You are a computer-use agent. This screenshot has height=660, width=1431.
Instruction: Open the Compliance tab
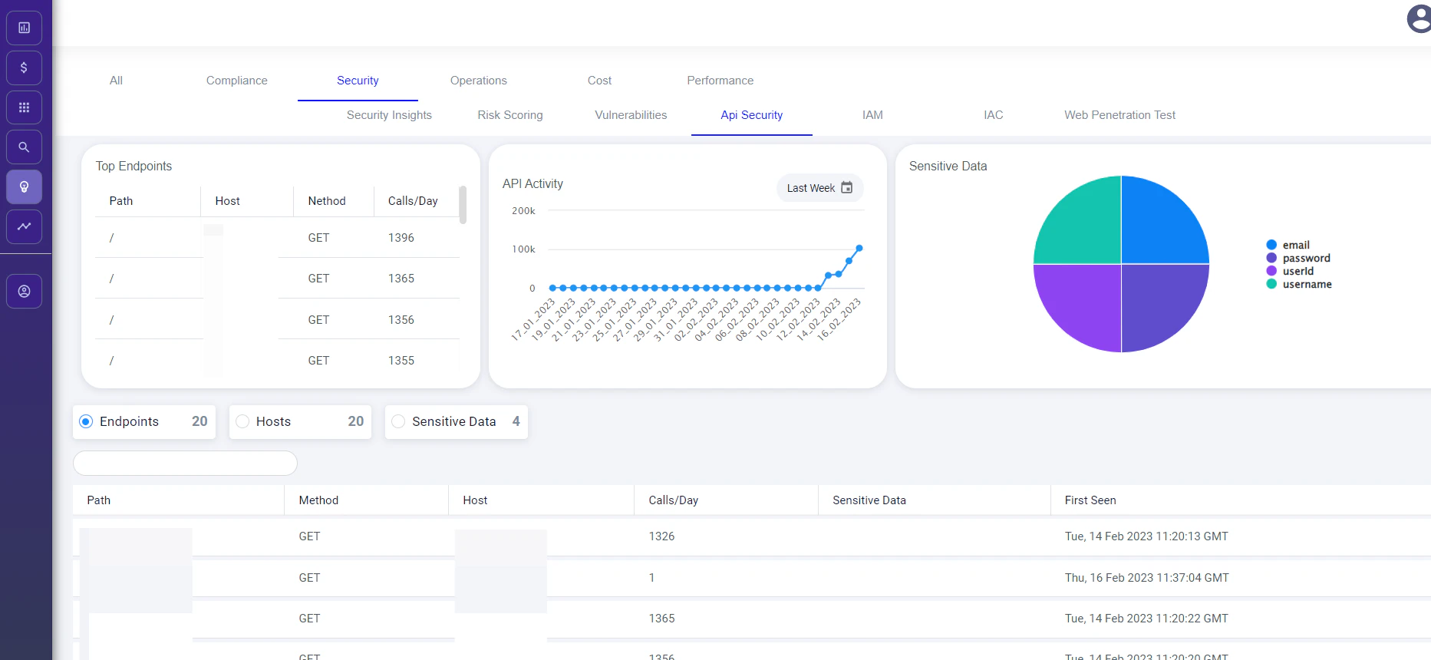236,81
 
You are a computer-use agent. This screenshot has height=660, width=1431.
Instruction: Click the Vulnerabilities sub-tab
631,115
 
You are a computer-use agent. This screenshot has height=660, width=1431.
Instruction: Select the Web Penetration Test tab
1119,115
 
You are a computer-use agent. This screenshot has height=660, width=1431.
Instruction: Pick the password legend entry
1306,259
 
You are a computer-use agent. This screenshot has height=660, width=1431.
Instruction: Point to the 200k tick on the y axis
523,211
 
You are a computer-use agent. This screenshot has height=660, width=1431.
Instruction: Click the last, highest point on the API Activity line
859,248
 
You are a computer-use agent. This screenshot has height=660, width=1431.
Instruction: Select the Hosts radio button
242,421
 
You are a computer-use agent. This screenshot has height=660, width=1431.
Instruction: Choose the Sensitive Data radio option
398,421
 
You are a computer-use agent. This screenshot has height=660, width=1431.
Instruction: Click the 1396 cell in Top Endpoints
401,238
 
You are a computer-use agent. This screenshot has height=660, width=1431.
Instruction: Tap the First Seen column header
1090,500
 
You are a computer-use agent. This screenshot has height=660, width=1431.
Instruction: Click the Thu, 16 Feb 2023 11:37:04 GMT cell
1146,578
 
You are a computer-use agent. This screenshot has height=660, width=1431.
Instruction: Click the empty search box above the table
185,463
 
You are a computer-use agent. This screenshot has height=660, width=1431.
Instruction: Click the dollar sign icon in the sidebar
24,68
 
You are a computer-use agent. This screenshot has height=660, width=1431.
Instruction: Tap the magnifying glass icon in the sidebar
24,147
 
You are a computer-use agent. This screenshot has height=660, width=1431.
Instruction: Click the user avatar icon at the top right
1418,18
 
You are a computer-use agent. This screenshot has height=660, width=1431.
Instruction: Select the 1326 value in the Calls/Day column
661,536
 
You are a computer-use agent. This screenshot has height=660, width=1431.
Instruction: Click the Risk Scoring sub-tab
509,115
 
